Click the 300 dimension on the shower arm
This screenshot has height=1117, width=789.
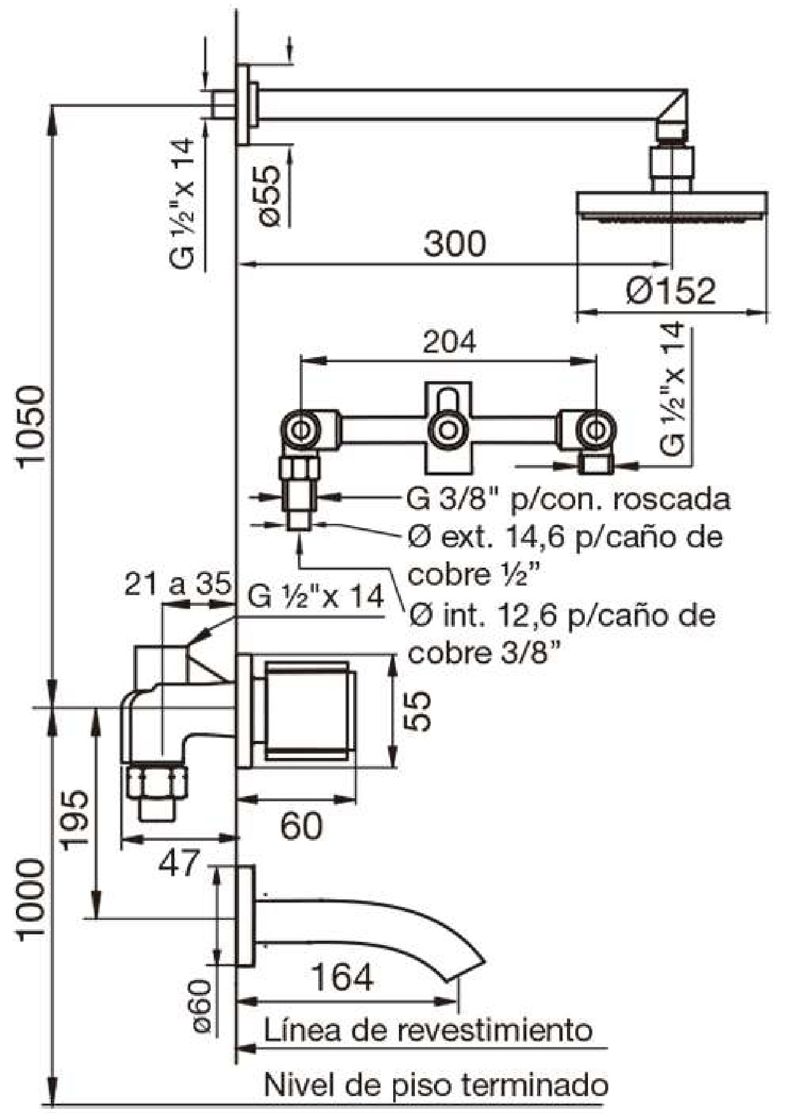click(x=454, y=244)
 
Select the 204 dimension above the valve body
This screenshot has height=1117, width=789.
click(x=449, y=342)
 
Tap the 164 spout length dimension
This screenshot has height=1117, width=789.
click(x=342, y=977)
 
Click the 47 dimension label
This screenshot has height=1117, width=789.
click(x=178, y=864)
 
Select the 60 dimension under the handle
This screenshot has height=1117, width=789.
click(x=301, y=826)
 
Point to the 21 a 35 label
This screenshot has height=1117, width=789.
click(x=178, y=584)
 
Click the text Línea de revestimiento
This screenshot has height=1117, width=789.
click(x=428, y=1030)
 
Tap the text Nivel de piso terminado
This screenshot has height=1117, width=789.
click(x=435, y=1085)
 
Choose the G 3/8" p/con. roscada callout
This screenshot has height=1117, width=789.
click(x=568, y=499)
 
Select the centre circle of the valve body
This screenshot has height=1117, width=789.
click(x=449, y=430)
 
